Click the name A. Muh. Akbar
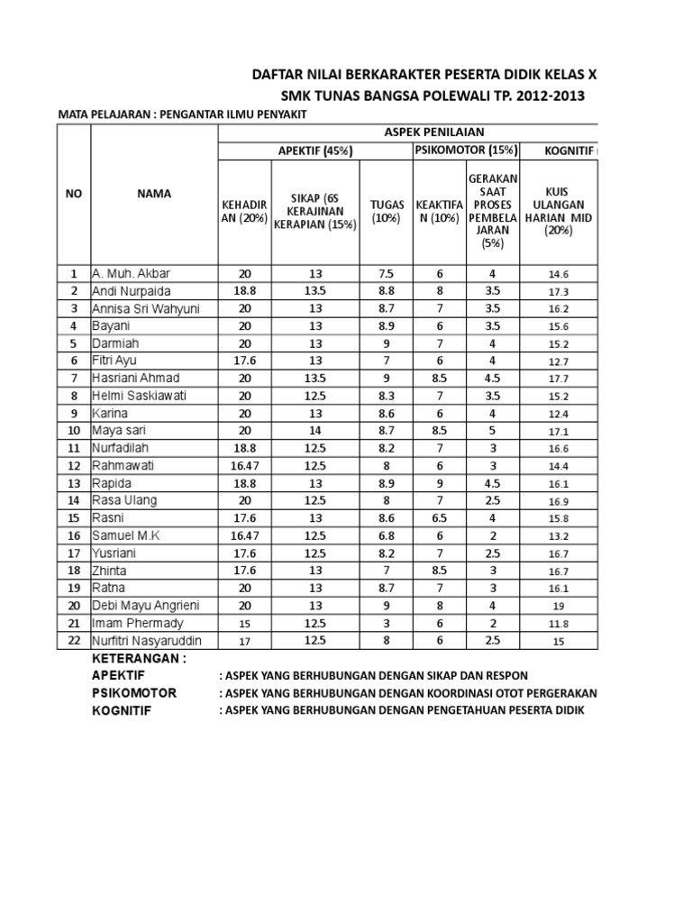coord(131,273)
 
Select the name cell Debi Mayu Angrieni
coord(149,606)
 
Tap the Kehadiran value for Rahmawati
coord(244,466)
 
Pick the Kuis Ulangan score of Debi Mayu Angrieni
coord(559,607)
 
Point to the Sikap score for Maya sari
coord(314,431)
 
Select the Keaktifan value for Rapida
coord(438,483)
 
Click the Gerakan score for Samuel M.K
coord(493,535)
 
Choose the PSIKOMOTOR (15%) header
coord(465,151)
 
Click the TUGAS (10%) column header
coord(385,212)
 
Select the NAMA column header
coord(154,194)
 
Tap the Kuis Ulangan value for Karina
coord(559,414)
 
